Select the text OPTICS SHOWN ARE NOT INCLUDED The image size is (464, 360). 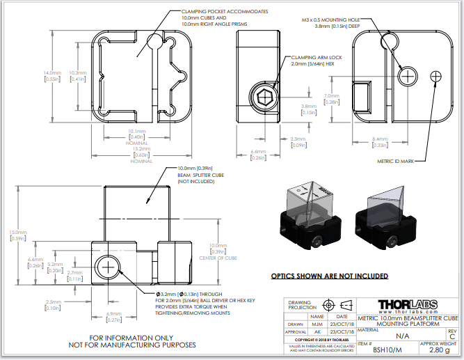(x=329, y=276)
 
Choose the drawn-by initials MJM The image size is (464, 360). (x=317, y=324)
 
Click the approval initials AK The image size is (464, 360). (x=317, y=332)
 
